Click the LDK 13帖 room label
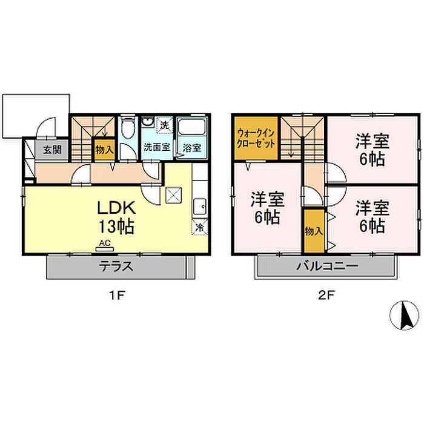point(116,217)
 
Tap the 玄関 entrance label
point(53,150)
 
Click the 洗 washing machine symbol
point(164,125)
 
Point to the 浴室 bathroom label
point(192,148)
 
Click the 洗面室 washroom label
point(156,147)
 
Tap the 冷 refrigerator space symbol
point(200,227)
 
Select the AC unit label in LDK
point(105,243)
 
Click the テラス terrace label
point(116,267)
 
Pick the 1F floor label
point(117,296)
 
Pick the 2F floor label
point(326,296)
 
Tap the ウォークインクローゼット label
point(256,138)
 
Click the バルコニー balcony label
point(327,266)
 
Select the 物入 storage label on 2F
point(314,231)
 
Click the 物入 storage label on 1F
point(104,150)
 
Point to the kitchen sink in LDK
point(200,207)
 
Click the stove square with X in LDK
point(173,195)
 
